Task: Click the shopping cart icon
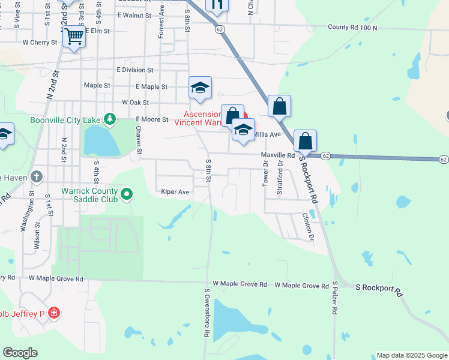(x=74, y=37)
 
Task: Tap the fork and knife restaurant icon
(x=217, y=4)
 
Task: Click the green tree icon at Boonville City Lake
(x=109, y=119)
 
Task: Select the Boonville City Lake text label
(x=65, y=120)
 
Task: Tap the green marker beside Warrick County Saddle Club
(x=127, y=194)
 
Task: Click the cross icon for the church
(x=37, y=177)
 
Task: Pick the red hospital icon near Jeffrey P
(x=54, y=313)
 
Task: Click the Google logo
(x=20, y=353)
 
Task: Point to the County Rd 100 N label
(x=352, y=28)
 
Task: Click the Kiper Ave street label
(x=175, y=192)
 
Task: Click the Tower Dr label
(x=265, y=173)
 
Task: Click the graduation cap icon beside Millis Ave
(x=243, y=130)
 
